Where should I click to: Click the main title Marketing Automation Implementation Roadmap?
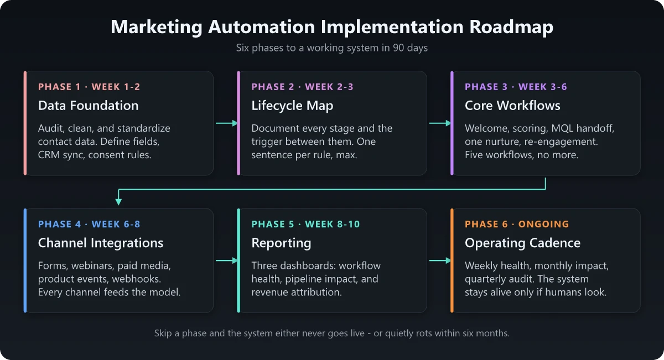[x=332, y=27]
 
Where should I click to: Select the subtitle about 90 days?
[x=332, y=48]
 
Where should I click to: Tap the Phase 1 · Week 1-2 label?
[x=89, y=87]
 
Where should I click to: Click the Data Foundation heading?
[x=88, y=106]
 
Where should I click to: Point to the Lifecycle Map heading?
[x=292, y=106]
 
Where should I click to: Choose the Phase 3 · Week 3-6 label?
[x=516, y=87]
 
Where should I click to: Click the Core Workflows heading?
[x=512, y=106]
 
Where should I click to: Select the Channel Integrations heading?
[x=100, y=243]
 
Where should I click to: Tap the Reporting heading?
[x=281, y=243]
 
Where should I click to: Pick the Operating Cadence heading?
[x=522, y=243]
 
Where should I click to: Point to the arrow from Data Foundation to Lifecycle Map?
[x=226, y=123]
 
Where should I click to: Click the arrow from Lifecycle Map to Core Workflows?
[x=439, y=123]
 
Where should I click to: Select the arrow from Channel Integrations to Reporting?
[x=226, y=260]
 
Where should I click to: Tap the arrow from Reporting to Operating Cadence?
[x=439, y=260]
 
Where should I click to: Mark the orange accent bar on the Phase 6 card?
[x=452, y=260]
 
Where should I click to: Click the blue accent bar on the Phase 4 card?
[x=25, y=260]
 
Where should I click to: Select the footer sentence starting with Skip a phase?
[x=332, y=333]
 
